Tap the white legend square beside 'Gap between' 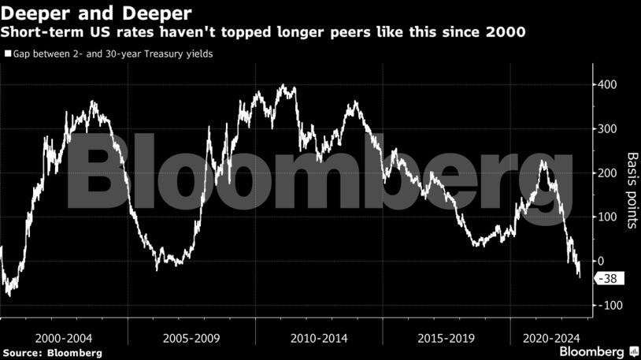point(8,54)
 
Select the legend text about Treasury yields point(113,54)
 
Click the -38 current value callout point(609,278)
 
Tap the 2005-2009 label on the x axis point(191,337)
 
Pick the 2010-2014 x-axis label point(319,337)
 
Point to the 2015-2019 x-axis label point(446,337)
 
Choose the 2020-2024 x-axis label point(550,337)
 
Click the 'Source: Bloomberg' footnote point(51,352)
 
